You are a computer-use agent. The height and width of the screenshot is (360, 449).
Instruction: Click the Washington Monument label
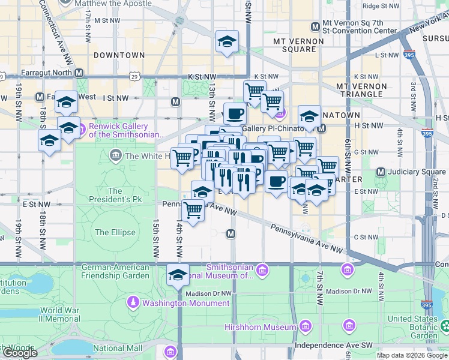[x=185, y=303]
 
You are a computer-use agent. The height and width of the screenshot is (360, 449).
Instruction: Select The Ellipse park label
[x=110, y=232]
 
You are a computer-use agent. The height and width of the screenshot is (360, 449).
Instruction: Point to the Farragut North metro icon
[x=79, y=74]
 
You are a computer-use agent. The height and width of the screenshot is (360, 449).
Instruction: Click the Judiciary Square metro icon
[x=380, y=172]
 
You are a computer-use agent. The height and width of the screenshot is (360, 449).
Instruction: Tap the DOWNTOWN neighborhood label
[x=119, y=55]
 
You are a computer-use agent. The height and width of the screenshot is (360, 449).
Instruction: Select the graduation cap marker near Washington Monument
[x=177, y=275]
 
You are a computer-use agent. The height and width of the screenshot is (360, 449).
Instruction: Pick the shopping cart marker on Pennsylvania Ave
[x=193, y=211]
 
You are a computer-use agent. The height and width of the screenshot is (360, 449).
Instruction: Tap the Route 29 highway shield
[x=137, y=77]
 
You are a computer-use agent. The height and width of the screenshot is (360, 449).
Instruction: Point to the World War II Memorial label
[x=60, y=314]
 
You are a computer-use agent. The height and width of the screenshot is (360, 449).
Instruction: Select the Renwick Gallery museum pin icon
[x=82, y=127]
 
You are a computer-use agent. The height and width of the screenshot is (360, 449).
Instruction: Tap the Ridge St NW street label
[x=381, y=6]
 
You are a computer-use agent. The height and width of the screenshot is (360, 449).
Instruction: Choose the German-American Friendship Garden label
[x=115, y=271]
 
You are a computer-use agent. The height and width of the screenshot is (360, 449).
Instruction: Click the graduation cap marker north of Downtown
[x=226, y=41]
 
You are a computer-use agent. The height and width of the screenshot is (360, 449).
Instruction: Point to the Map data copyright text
[x=412, y=355]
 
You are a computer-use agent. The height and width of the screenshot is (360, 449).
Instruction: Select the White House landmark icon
[x=115, y=156]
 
